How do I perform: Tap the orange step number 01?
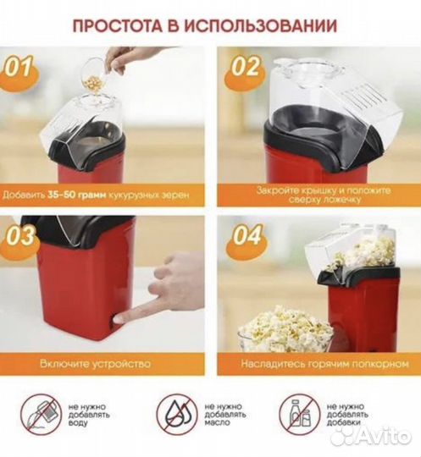[23, 67]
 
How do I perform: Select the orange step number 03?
[23, 234]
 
